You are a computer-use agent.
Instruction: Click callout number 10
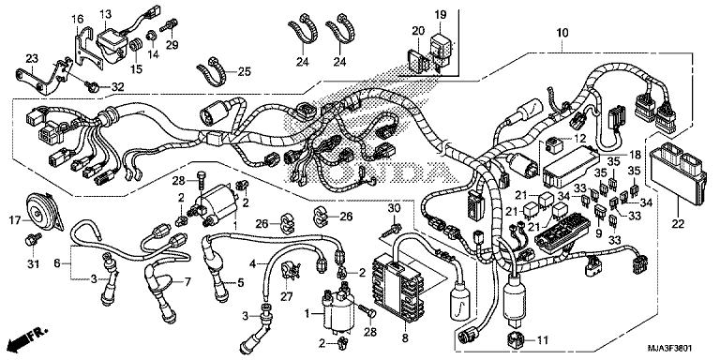click(x=562, y=34)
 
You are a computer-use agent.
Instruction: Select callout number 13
click(x=105, y=14)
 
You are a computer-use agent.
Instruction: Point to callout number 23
click(x=31, y=58)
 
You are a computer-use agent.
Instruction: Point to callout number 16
click(x=78, y=19)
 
